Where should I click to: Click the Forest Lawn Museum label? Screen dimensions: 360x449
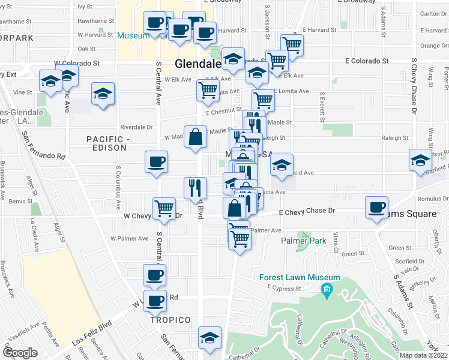pos(300,278)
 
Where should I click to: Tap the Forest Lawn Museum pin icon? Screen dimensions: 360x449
pos(327,292)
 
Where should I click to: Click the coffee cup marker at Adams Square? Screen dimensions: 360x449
pos(378,208)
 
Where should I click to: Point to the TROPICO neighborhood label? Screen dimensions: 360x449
pos(170,320)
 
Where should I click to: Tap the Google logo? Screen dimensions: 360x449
pos(20,353)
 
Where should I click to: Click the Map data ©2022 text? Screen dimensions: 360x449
pos(423,356)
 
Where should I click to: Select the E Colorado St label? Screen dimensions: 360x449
pos(367,61)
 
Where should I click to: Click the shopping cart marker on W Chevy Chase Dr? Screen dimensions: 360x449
pos(164,209)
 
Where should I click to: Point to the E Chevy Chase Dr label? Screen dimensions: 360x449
pos(306,211)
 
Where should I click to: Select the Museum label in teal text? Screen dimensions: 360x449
pos(133,36)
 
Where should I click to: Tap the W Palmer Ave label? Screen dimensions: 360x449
pos(129,239)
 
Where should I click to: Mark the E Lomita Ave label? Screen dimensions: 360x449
pos(291,91)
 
